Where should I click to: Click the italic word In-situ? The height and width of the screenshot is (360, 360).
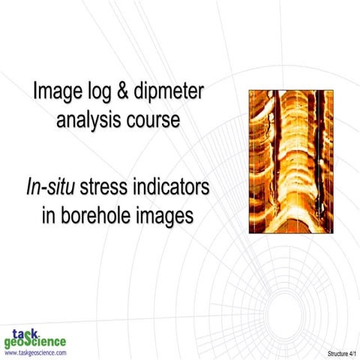[x=53, y=189]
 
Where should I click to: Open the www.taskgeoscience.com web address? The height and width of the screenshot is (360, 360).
[x=34, y=352]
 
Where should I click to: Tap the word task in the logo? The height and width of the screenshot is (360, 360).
[x=27, y=332]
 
